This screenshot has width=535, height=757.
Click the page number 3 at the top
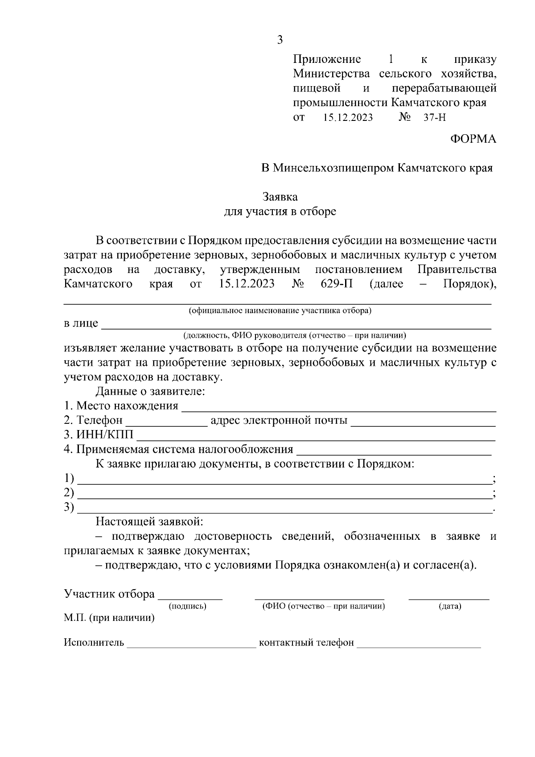(280, 40)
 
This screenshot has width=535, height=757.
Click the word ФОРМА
(473, 139)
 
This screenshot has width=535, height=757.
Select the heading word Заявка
(280, 197)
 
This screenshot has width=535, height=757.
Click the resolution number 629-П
(337, 284)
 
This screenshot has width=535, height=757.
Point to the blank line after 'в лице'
(296, 325)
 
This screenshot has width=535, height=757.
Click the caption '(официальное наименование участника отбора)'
(280, 310)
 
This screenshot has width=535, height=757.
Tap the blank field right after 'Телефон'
(167, 422)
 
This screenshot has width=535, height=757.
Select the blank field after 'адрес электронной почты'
(424, 422)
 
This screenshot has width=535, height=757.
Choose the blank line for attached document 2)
(284, 494)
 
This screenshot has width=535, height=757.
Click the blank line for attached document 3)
(284, 509)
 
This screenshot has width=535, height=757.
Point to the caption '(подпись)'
(187, 606)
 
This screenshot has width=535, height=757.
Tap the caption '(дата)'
(449, 606)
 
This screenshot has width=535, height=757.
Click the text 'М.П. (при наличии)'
(109, 618)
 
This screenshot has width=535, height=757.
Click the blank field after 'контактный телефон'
(419, 643)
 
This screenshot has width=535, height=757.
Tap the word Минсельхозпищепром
(333, 168)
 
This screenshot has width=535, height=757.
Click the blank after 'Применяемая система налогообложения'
(394, 450)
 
